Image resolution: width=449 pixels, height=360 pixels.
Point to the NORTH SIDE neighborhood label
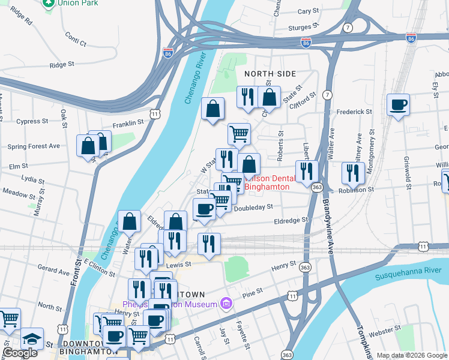click(270, 73)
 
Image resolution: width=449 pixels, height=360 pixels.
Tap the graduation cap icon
click(32, 340)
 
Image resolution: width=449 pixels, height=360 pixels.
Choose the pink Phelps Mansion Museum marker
click(226, 304)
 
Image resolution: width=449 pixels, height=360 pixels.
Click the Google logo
click(20, 353)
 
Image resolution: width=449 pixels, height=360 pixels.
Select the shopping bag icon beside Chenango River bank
click(212, 109)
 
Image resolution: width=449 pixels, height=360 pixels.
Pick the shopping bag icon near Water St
click(129, 223)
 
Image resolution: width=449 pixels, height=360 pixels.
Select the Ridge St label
click(62, 64)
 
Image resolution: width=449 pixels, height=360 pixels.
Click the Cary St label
click(308, 11)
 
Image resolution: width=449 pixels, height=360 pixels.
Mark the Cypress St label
click(32, 121)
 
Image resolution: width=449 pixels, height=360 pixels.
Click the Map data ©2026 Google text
click(412, 355)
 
